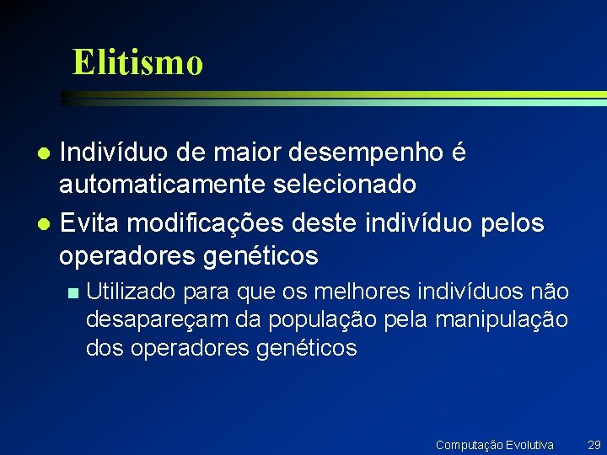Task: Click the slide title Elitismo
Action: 137,62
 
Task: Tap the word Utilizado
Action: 131,292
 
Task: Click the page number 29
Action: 594,444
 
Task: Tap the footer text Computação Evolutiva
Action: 494,444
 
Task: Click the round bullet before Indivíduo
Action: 46,154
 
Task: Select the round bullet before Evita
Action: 46,225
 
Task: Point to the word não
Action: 550,292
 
